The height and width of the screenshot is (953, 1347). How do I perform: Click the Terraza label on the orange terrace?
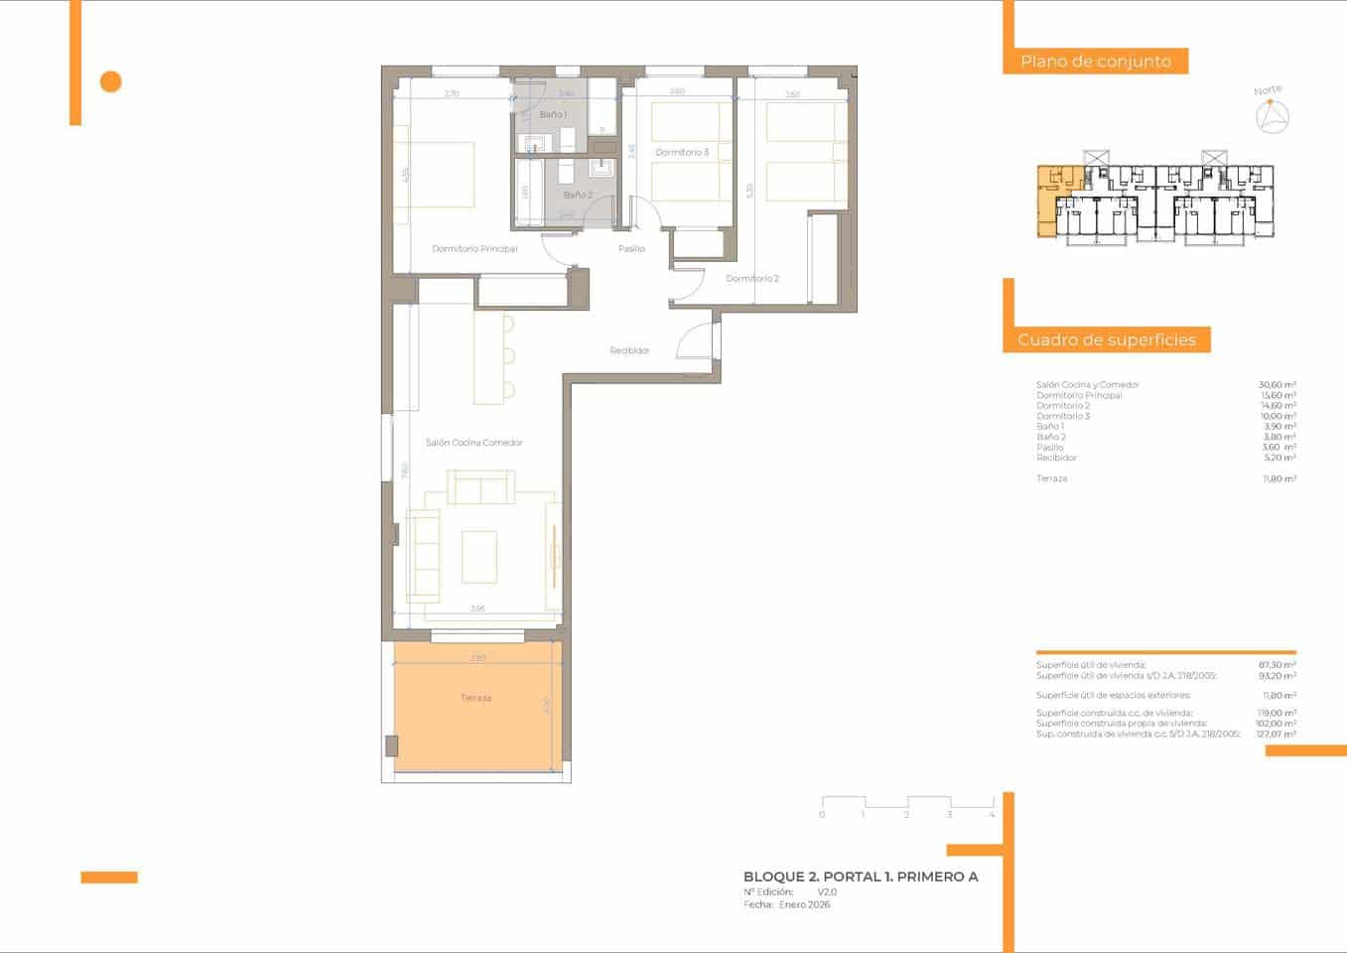point(475,698)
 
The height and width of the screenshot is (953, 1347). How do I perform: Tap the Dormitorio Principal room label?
point(474,249)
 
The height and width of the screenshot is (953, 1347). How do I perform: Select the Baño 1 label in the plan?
point(553,115)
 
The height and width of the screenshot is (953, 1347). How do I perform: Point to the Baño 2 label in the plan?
point(578,196)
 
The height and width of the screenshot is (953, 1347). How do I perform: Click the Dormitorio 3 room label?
point(682,153)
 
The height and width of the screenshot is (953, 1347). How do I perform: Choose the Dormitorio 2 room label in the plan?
point(752,279)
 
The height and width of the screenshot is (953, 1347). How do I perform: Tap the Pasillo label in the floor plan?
point(631,249)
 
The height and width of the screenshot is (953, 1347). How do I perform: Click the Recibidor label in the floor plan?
point(629,350)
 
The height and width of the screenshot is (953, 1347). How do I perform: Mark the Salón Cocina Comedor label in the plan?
point(473,443)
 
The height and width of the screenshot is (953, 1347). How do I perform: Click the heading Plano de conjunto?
point(1096,62)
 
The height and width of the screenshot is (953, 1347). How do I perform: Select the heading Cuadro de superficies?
point(1107,340)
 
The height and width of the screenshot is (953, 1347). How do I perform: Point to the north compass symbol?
point(1272,117)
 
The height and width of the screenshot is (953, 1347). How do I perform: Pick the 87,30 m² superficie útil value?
point(1277,665)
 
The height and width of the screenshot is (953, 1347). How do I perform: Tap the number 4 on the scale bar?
point(992,815)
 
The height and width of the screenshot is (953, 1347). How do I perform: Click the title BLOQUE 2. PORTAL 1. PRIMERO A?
point(861,877)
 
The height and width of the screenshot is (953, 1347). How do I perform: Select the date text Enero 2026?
point(804,904)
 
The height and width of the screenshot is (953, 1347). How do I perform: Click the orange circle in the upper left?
point(111,81)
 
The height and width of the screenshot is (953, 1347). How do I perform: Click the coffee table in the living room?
point(478,556)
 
